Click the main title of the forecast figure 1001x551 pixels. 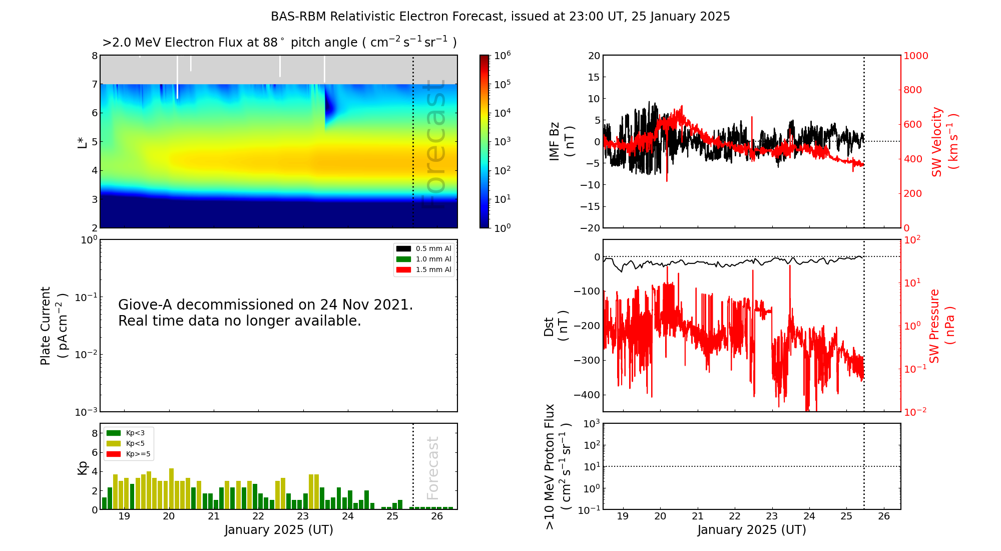click(500, 17)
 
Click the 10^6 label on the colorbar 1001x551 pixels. click(502, 55)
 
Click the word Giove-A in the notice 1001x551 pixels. click(145, 305)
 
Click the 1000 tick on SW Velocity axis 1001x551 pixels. click(915, 56)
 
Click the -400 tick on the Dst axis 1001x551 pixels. click(587, 395)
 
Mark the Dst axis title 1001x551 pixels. click(556, 326)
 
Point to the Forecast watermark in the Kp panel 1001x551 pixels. click(432, 468)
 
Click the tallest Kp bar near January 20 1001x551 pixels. click(171, 489)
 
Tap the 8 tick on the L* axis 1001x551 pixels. click(94, 56)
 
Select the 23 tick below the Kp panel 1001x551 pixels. click(303, 516)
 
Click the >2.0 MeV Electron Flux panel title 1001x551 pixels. click(279, 43)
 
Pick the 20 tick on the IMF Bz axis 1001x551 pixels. click(594, 56)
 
